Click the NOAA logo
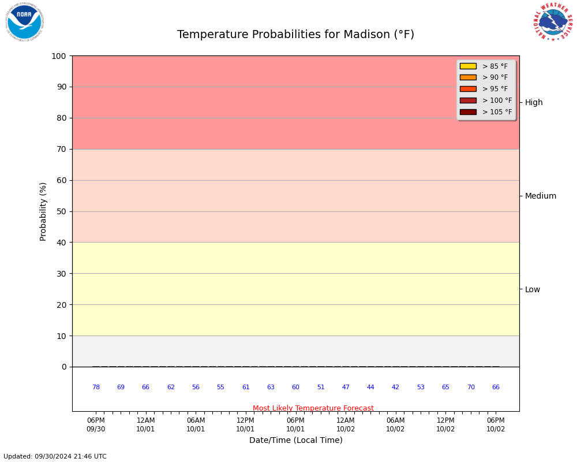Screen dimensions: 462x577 pyautogui.click(x=24, y=22)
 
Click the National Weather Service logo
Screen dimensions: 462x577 pyautogui.click(x=553, y=22)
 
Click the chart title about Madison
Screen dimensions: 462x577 pyautogui.click(x=295, y=35)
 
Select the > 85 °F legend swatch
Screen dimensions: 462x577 pyautogui.click(x=468, y=66)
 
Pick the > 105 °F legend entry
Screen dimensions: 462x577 pyautogui.click(x=497, y=112)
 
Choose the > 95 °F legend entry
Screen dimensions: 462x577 pyautogui.click(x=495, y=89)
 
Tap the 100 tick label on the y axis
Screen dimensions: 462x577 pyautogui.click(x=58, y=56)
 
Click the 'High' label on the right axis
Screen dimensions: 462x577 pyautogui.click(x=534, y=103)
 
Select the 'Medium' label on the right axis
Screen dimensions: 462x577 pyautogui.click(x=541, y=196)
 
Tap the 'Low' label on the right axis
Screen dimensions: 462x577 pyautogui.click(x=533, y=289)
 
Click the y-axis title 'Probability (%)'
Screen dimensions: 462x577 pyautogui.click(x=43, y=211)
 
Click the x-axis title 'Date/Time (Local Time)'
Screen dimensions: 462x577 pyautogui.click(x=295, y=440)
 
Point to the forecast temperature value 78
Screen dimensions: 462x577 pyautogui.click(x=96, y=388)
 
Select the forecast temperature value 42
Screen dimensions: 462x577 pyautogui.click(x=395, y=388)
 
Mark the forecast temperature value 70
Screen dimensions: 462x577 pyautogui.click(x=471, y=388)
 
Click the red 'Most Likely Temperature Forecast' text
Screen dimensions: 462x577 pyautogui.click(x=313, y=408)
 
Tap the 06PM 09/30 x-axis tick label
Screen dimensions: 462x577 pyautogui.click(x=96, y=424)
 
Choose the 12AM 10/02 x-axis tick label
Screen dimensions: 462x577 pyautogui.click(x=346, y=424)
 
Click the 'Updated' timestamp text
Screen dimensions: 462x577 pyautogui.click(x=55, y=457)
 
